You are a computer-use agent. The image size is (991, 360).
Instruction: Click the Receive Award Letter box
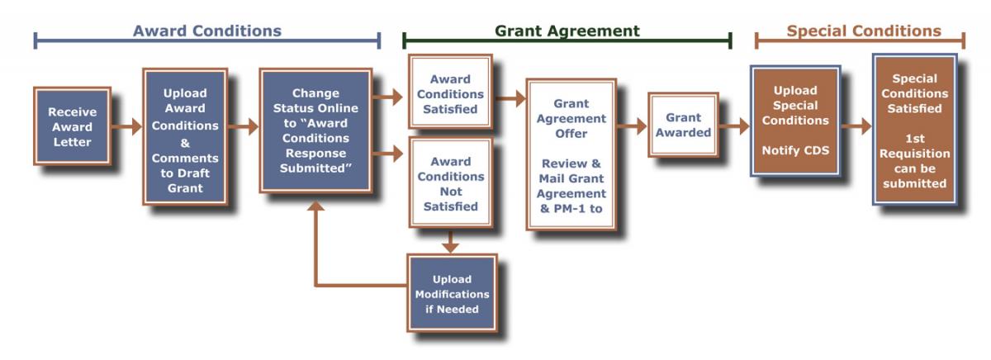click(72, 126)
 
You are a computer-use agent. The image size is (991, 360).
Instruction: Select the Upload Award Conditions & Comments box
click(185, 136)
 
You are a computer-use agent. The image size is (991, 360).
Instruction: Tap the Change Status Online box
click(315, 130)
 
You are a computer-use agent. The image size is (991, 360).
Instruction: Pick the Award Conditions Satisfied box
click(450, 92)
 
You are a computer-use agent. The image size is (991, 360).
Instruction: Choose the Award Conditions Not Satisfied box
click(450, 182)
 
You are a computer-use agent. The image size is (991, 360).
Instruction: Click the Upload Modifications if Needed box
click(453, 293)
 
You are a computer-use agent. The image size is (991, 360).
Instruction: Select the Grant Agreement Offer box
click(571, 154)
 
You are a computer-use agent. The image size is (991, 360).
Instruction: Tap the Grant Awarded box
click(683, 125)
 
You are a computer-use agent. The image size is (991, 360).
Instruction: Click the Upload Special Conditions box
click(795, 121)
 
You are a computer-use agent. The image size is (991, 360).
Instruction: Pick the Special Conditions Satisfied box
click(914, 130)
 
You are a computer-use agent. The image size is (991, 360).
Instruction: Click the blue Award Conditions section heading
click(207, 31)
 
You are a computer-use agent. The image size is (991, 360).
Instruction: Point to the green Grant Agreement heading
click(567, 31)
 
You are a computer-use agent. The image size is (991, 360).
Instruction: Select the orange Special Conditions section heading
click(864, 31)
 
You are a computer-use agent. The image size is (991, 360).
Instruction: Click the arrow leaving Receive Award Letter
click(126, 126)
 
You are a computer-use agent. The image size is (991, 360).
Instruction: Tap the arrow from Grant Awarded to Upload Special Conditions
click(734, 126)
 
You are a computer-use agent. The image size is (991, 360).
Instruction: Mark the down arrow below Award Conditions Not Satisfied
click(450, 241)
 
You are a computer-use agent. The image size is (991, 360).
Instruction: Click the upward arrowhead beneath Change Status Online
click(315, 206)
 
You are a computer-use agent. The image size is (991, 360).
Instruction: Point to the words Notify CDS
click(795, 150)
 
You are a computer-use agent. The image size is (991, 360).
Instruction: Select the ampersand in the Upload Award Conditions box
click(185, 143)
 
